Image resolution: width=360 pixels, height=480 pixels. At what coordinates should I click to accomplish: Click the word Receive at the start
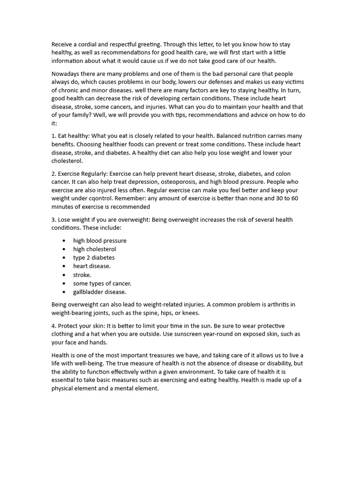click(63, 45)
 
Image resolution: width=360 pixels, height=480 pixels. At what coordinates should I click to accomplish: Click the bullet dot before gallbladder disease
click(63, 292)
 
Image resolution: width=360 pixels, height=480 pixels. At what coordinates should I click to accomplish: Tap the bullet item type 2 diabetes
click(94, 258)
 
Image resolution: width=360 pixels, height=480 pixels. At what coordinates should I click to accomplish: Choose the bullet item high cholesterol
click(95, 249)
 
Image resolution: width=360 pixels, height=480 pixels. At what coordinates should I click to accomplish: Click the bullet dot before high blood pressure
click(63, 240)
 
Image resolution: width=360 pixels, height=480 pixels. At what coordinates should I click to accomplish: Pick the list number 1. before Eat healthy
click(54, 136)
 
